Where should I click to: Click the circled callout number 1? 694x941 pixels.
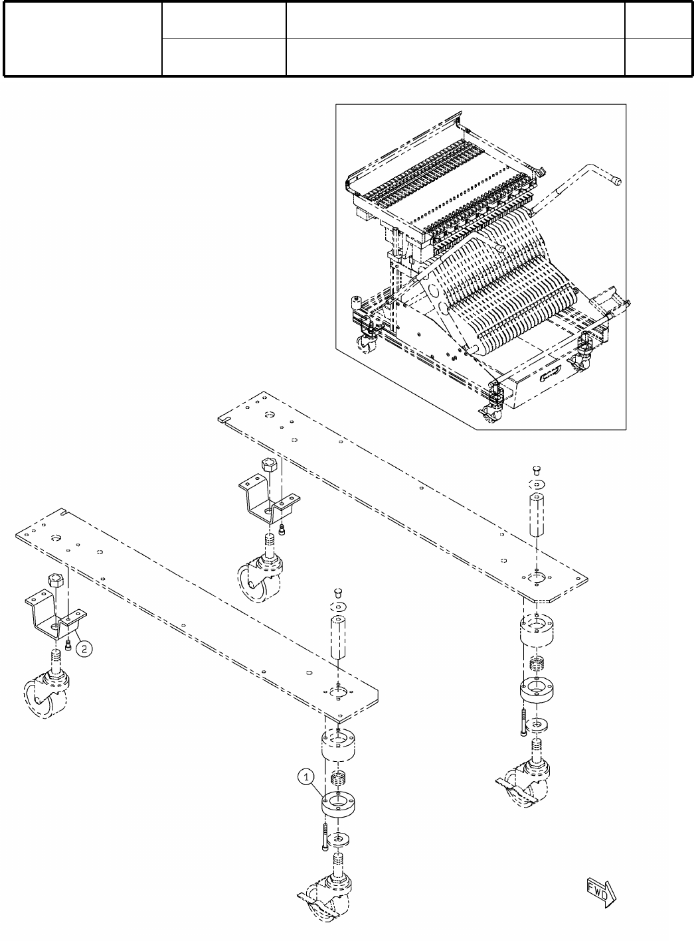(x=305, y=774)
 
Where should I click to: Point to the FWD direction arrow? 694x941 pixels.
(x=600, y=888)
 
